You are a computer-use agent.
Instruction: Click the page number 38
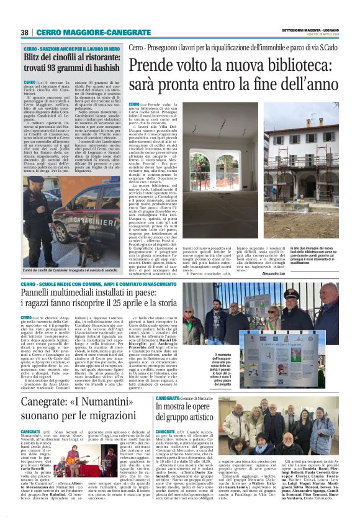click(x=25, y=32)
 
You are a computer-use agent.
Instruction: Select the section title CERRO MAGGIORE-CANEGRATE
click(x=94, y=32)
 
